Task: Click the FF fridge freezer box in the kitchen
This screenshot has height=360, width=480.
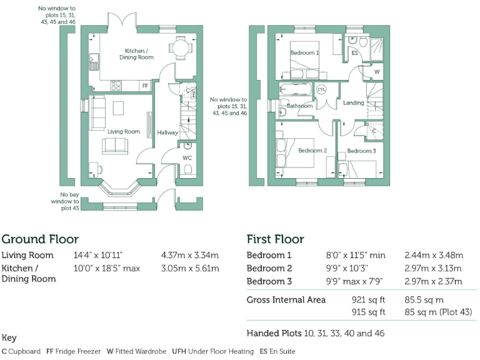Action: coord(145,86)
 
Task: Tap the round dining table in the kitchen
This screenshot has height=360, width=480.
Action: coord(181,47)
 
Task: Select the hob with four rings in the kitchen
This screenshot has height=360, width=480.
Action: coord(116,86)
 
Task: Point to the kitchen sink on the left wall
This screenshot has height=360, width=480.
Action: coord(94,62)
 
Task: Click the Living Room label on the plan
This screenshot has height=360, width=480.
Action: coord(124,132)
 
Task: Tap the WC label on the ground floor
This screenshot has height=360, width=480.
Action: coord(187,158)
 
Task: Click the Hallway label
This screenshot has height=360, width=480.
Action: coord(167,132)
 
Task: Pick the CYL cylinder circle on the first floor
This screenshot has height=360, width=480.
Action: coord(321,90)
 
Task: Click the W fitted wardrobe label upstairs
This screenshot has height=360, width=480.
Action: coord(377,72)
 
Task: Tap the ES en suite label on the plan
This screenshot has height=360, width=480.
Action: coord(354,53)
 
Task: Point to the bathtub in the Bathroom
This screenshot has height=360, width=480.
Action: coord(296,89)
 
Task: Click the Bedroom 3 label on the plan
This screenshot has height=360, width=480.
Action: coord(361,151)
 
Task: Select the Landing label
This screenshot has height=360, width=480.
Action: coord(354,103)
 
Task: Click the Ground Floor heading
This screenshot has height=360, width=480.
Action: coord(40,239)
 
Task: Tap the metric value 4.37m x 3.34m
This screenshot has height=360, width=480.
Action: coord(190,255)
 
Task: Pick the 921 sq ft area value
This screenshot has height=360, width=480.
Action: coord(368,300)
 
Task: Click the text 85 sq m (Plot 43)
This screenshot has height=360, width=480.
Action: coord(438,312)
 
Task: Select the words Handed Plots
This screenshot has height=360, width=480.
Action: coord(274,333)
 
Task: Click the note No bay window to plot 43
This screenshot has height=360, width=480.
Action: coord(65,201)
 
